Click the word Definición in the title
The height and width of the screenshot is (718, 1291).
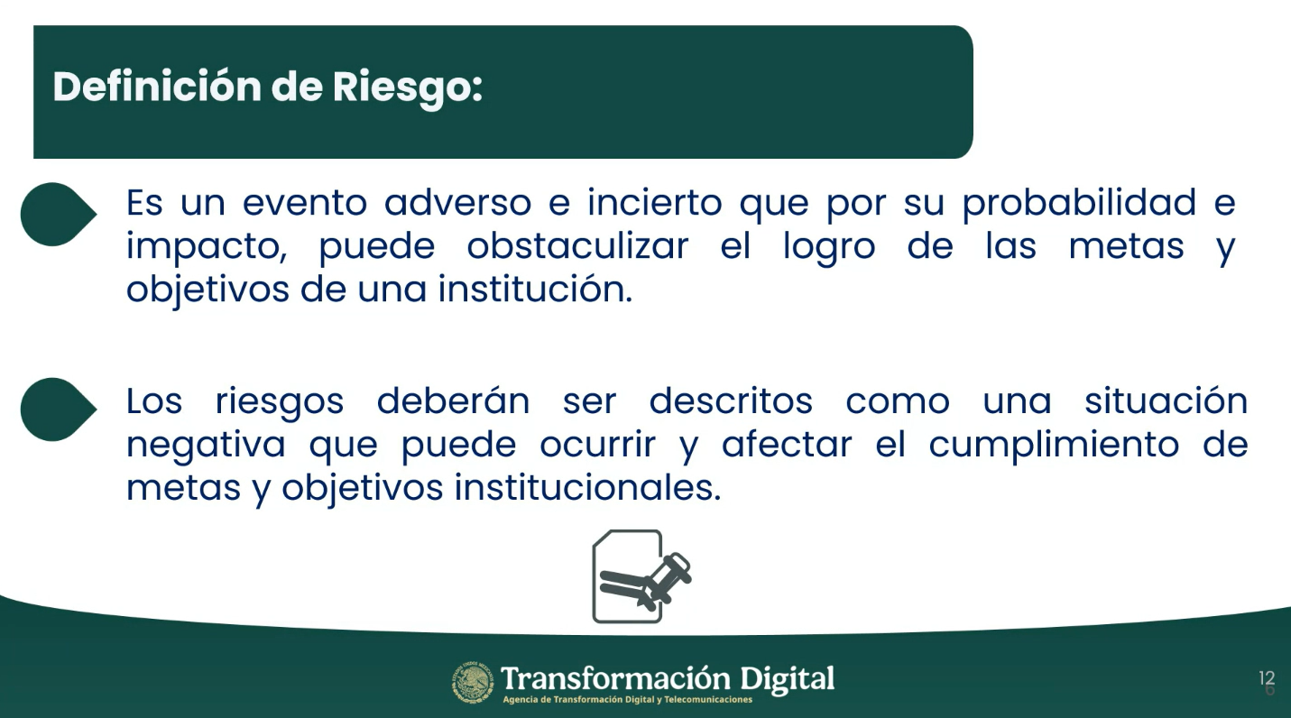pyautogui.click(x=157, y=87)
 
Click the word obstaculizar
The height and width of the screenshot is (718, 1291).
pyautogui.click(x=577, y=246)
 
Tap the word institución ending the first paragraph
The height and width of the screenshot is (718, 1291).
pyautogui.click(x=535, y=289)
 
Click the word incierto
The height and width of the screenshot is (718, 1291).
pyautogui.click(x=655, y=202)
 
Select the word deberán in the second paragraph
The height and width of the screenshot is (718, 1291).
pyautogui.click(x=453, y=400)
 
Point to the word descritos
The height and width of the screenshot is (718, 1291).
pyautogui.click(x=731, y=400)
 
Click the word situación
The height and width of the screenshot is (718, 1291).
pyautogui.click(x=1166, y=400)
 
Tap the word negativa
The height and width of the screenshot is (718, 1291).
pyautogui.click(x=206, y=445)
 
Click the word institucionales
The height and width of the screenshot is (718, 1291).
pyautogui.click(x=587, y=487)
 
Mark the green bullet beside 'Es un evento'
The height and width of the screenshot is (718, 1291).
pyautogui.click(x=59, y=215)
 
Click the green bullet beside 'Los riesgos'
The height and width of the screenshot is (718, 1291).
pyautogui.click(x=59, y=410)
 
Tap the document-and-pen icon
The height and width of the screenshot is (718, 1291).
pyautogui.click(x=641, y=576)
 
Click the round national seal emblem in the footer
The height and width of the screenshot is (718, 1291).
pyautogui.click(x=473, y=683)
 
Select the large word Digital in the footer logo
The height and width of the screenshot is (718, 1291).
pyautogui.click(x=788, y=680)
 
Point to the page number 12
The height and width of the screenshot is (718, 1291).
pyautogui.click(x=1267, y=677)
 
